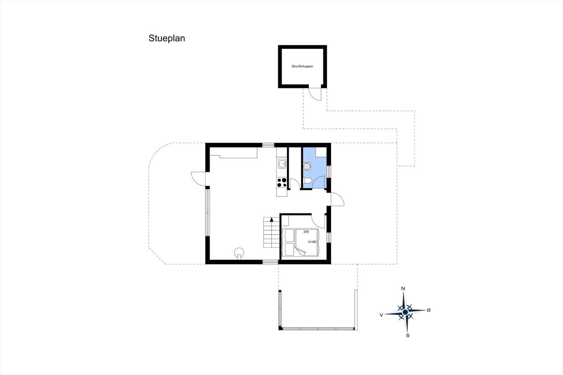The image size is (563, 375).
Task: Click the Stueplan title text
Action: (167, 38)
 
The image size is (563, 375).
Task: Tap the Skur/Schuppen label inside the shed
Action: (302, 66)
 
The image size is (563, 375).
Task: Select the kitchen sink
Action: (282, 164)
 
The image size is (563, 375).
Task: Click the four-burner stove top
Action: (282, 183)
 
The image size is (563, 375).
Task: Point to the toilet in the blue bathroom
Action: (308, 180)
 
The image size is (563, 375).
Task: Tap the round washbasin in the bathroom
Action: (306, 166)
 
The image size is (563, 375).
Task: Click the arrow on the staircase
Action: (271, 220)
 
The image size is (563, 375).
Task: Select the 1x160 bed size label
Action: (312, 242)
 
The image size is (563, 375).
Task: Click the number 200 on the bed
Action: (306, 232)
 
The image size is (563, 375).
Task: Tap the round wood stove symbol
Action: (239, 252)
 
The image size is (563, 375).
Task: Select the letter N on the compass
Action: (403, 288)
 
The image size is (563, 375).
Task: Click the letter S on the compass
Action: (408, 336)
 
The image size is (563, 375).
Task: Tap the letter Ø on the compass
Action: (429, 310)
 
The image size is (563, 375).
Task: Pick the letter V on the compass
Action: (381, 315)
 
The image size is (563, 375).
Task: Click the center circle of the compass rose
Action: (405, 312)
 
